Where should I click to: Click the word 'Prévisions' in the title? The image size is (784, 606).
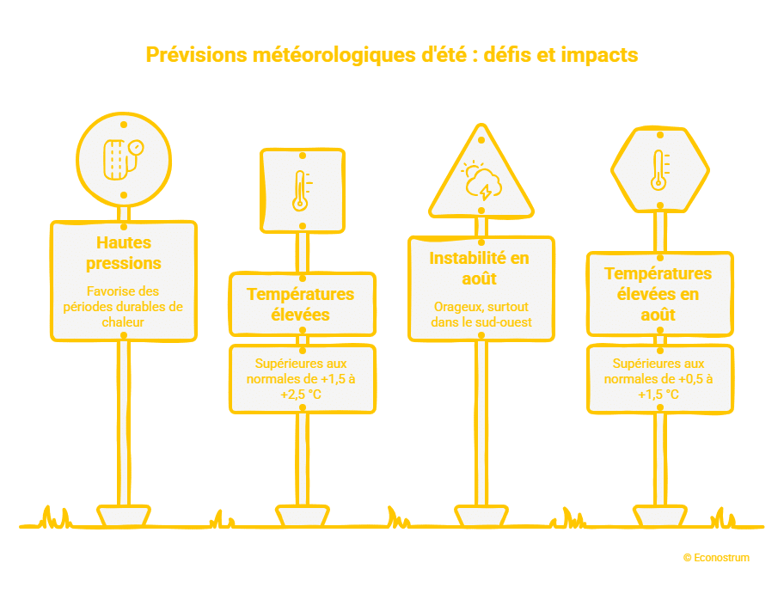coord(197,54)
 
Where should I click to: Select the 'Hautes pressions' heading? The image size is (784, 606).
coord(124,253)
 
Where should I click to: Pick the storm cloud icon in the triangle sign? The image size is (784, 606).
coord(481,180)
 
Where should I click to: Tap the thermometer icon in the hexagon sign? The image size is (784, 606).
coord(660,170)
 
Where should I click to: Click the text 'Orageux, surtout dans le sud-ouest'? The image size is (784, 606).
coord(481,315)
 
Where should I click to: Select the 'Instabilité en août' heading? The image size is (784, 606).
coord(480,268)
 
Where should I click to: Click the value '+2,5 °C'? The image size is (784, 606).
coord(301,395)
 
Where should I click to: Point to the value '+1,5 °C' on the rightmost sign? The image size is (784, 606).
coord(658,395)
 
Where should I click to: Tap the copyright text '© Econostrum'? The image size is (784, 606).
coord(716,558)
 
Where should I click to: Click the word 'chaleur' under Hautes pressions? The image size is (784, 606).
coord(123,322)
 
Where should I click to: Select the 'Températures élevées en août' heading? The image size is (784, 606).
coord(658,294)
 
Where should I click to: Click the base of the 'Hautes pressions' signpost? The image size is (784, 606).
coord(124,516)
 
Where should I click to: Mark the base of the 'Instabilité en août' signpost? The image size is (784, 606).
coord(481,516)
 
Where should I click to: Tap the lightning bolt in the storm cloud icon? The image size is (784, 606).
coord(485,192)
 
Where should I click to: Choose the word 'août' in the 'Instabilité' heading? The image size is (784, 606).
coord(479,279)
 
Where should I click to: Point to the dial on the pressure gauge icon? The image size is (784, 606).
coord(136,148)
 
